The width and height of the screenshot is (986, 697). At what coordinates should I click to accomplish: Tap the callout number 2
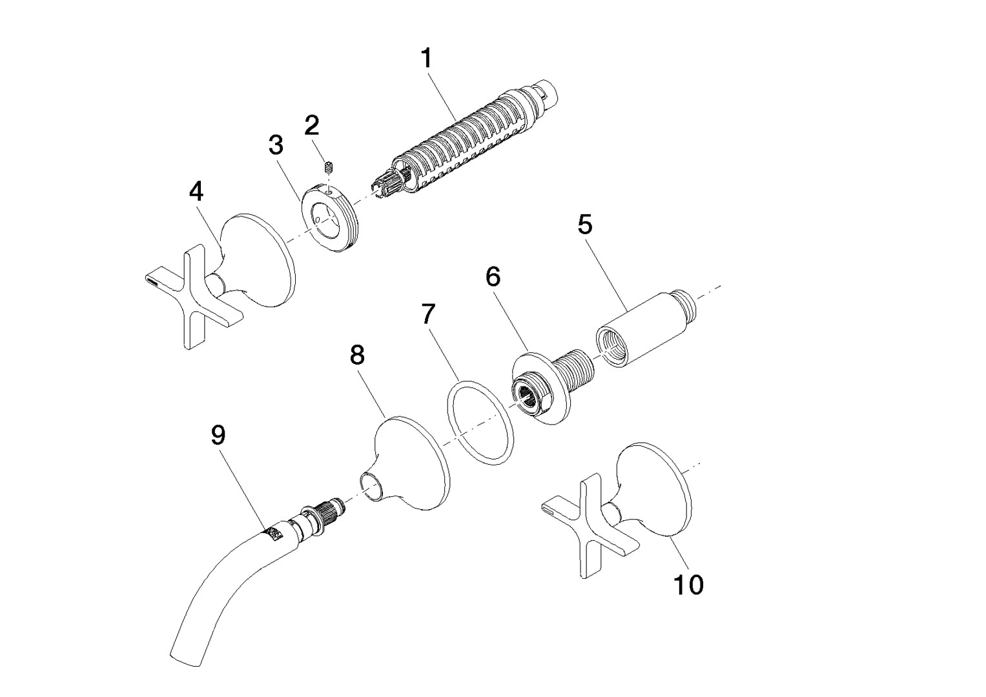point(312,124)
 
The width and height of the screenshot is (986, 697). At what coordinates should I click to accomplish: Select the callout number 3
point(276,145)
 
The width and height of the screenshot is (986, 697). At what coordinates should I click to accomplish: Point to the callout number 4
point(196,191)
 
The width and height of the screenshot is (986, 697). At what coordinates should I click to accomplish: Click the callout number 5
point(584,225)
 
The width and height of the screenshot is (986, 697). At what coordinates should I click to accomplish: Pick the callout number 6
point(493,277)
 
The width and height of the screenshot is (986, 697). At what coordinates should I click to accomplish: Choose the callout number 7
point(428,314)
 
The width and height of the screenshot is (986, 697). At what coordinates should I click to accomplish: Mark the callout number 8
point(357,354)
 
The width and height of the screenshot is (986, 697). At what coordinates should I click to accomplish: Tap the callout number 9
point(218,436)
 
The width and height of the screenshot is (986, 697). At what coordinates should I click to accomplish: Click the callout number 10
point(688,585)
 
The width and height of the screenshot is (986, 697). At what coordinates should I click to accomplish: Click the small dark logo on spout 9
point(274,534)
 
